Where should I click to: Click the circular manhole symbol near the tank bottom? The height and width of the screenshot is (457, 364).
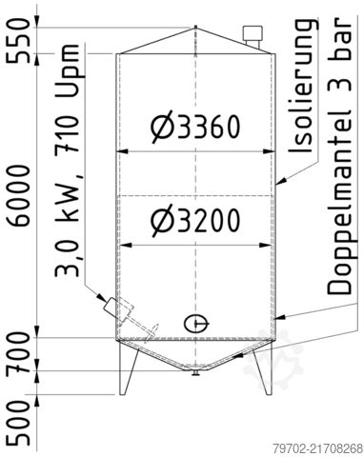tap(195, 322)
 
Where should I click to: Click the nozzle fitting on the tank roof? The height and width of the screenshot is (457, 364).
tap(253, 37)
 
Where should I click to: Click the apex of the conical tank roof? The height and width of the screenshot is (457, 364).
tap(195, 28)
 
